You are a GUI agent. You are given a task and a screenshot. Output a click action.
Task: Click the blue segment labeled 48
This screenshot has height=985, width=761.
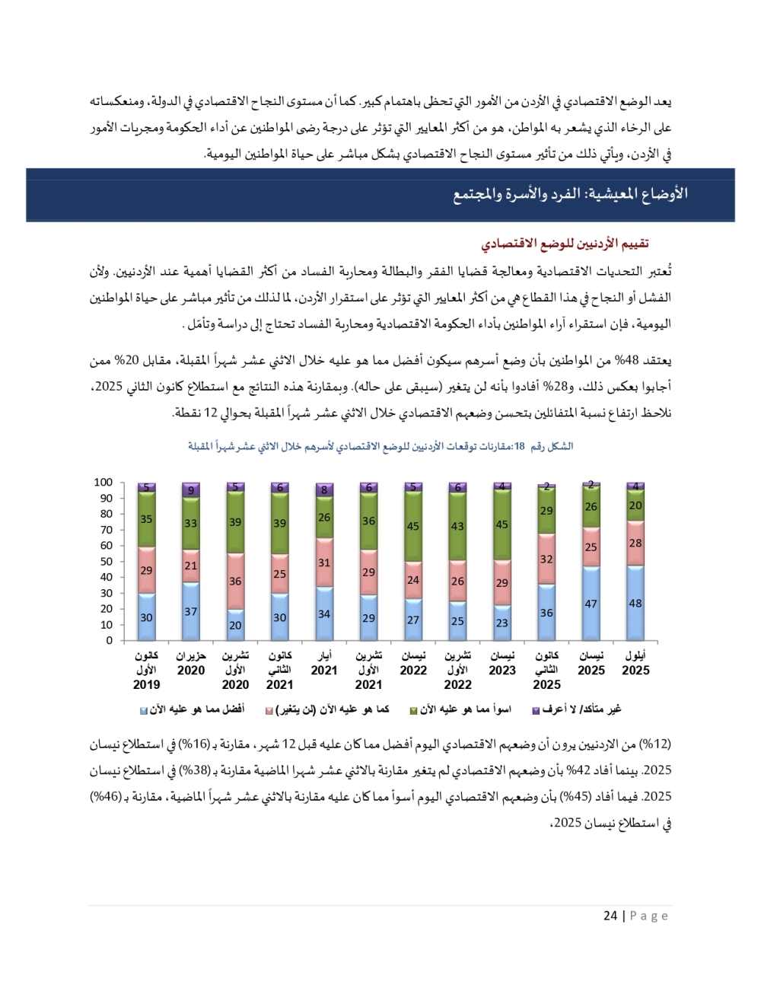[x=635, y=603]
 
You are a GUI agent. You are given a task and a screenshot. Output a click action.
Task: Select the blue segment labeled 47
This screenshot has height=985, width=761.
[x=591, y=604]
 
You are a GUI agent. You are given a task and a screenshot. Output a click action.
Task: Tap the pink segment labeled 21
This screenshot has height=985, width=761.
[x=191, y=566]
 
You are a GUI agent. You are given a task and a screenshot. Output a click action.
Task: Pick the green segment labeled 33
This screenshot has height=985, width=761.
[x=191, y=523]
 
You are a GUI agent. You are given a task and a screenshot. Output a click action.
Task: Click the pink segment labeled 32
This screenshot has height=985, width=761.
[x=546, y=559]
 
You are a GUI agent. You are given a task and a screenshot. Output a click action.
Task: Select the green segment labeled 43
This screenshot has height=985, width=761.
[x=457, y=526]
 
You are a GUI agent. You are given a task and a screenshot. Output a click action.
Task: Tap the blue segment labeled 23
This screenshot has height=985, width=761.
[x=501, y=622]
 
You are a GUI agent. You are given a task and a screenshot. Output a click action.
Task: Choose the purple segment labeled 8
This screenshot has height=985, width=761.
[x=324, y=490]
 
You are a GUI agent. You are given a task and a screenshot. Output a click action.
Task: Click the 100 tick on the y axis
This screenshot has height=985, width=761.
[x=103, y=482]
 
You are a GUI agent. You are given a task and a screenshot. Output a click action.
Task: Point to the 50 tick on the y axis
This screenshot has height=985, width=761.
[x=106, y=561]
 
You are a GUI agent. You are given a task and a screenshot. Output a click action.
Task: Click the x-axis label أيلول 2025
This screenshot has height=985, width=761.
[x=635, y=663]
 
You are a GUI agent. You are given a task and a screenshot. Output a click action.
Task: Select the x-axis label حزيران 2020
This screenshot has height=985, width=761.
[x=191, y=663]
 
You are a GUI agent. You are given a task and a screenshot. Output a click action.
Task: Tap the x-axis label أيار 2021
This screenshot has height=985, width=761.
[x=324, y=663]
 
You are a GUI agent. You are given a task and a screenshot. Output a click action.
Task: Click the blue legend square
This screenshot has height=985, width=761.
[x=143, y=710]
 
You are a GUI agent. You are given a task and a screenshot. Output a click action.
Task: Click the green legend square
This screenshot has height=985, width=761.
[x=413, y=710]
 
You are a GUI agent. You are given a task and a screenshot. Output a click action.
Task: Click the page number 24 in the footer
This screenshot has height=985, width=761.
[x=610, y=916]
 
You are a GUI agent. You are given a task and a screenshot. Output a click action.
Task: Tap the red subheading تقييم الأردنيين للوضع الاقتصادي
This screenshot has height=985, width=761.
[x=565, y=244]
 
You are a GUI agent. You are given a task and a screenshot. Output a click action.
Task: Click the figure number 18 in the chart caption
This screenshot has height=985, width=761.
[x=520, y=446]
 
